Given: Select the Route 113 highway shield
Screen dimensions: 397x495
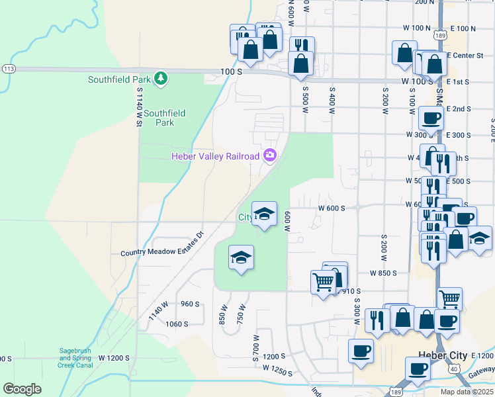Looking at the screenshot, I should coord(9,69).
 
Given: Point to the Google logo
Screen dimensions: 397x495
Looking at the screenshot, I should coord(22,389).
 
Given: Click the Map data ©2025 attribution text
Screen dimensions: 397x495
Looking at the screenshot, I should coord(467,392).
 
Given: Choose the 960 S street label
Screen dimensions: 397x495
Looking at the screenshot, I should coord(189,304).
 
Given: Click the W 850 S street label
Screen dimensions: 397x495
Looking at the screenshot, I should coord(383,273).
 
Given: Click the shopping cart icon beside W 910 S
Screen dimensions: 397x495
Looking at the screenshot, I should coord(323,282).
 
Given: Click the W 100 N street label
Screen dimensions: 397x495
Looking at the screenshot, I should coord(416,28).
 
